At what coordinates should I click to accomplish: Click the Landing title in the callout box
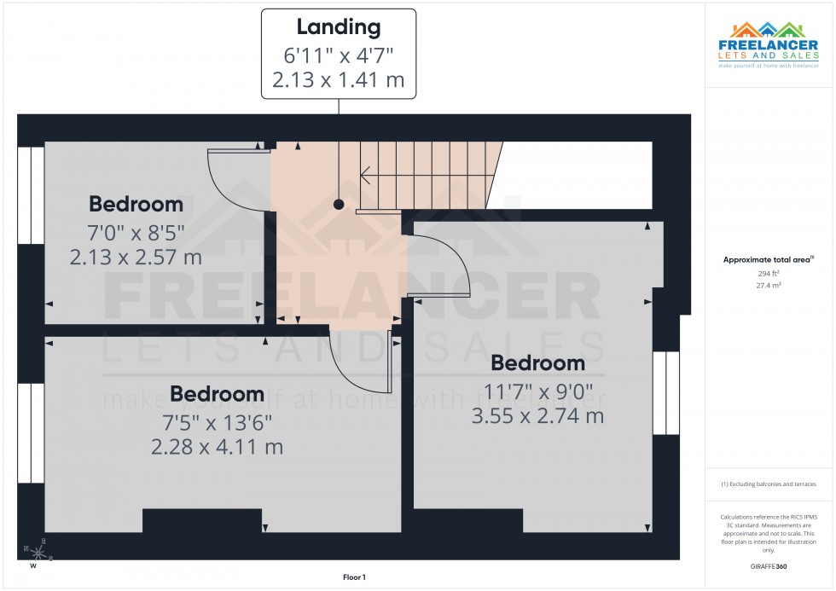tap(339, 26)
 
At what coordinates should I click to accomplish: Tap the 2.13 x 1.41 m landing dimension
tap(339, 81)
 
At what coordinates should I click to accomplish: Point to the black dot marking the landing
tap(339, 205)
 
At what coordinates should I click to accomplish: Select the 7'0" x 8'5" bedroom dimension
tap(136, 231)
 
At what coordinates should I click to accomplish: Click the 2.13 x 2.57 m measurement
tap(136, 257)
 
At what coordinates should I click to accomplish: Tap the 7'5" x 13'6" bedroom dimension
tap(217, 421)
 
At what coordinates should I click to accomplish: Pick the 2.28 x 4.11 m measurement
tap(217, 446)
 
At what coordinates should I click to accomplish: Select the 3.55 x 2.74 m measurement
tap(537, 416)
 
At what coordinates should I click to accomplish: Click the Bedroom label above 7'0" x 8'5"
tap(136, 205)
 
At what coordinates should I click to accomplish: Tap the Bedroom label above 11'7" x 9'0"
tap(538, 363)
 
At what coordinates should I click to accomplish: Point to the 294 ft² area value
tap(769, 274)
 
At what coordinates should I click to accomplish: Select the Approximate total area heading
tap(768, 259)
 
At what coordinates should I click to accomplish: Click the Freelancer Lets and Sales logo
tap(769, 44)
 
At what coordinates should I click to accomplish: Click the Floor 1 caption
tap(353, 577)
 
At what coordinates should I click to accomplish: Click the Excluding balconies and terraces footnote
tap(769, 484)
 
